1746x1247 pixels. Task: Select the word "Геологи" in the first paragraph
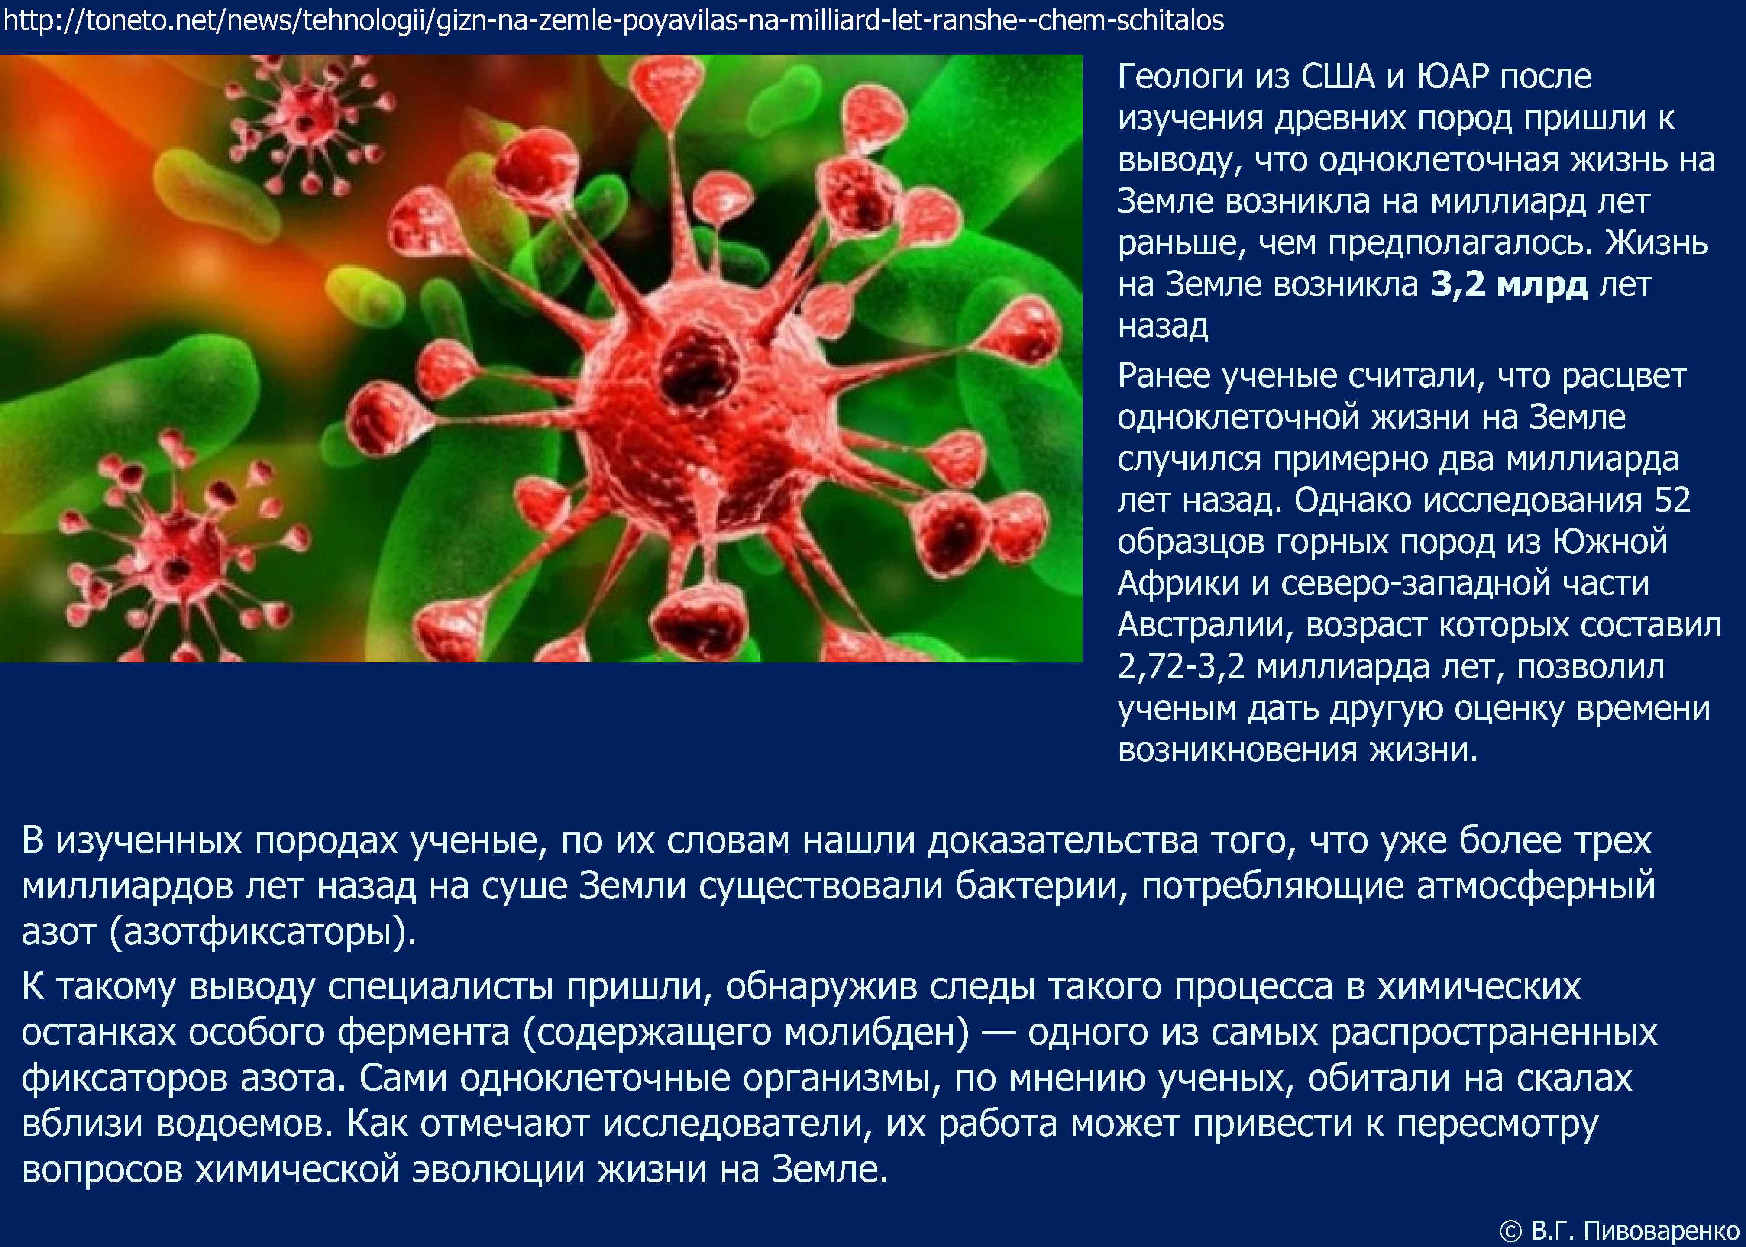click(x=1180, y=77)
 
